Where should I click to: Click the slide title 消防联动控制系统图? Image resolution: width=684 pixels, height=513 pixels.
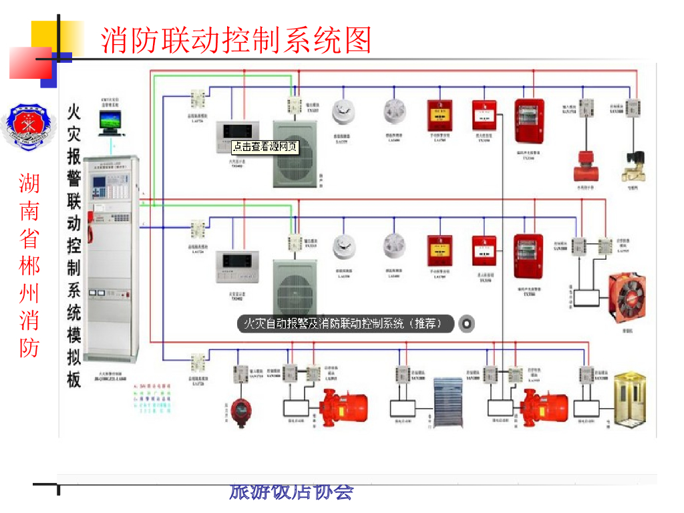[x=236, y=40]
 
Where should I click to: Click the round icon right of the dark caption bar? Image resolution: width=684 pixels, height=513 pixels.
[x=467, y=324]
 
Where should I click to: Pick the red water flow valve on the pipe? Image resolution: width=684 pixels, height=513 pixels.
[x=585, y=168]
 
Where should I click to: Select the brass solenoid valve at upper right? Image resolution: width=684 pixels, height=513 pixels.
[x=633, y=167]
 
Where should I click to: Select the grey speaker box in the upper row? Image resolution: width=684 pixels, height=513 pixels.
[x=292, y=154]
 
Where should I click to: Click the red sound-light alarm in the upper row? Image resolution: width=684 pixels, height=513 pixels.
[x=528, y=122]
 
